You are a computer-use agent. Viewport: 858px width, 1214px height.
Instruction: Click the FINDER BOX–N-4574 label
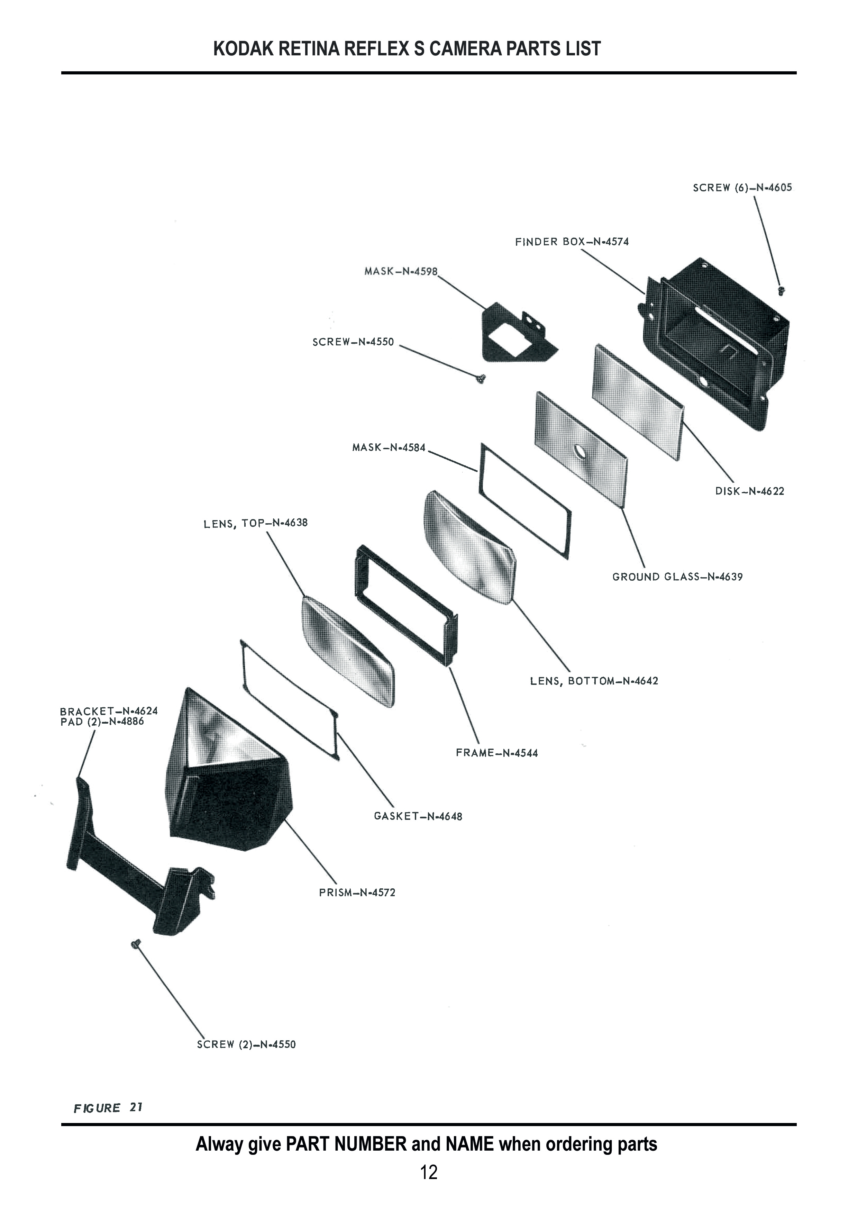coord(572,242)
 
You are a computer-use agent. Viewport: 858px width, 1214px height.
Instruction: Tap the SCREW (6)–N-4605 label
coord(742,188)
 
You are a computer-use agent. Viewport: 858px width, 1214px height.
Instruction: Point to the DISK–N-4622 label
coord(750,491)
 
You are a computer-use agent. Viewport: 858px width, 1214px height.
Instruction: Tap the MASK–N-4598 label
coord(401,271)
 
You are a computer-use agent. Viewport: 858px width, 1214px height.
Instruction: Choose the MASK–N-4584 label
coord(389,448)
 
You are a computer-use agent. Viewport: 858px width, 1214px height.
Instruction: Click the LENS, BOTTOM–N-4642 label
coord(594,681)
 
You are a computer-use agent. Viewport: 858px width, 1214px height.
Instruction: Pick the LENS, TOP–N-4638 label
coord(255,524)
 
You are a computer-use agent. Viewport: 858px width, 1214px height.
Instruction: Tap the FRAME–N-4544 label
coord(497,753)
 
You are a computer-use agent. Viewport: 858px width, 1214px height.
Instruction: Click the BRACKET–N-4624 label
coord(109,711)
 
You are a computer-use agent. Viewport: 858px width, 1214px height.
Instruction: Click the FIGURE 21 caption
coord(108,1108)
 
